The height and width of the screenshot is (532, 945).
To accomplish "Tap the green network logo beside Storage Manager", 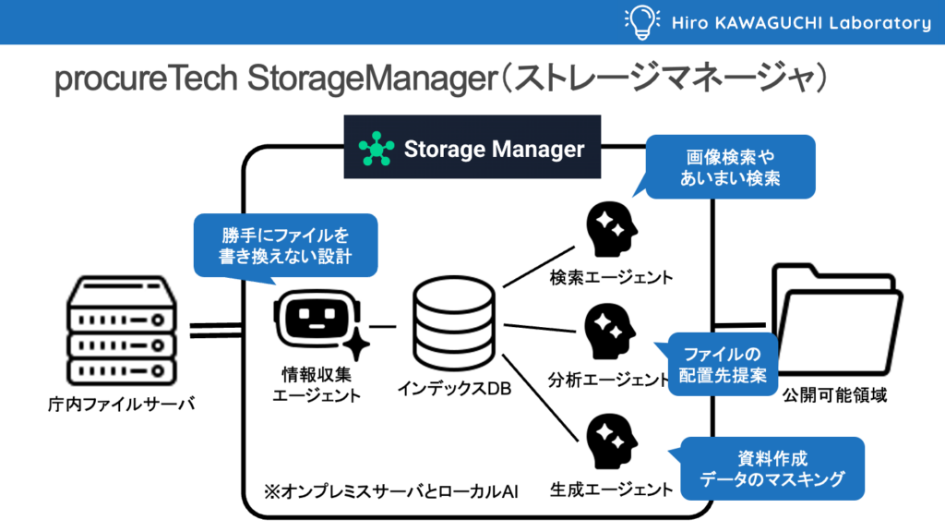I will (376, 149).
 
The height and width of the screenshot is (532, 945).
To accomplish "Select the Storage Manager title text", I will (494, 149).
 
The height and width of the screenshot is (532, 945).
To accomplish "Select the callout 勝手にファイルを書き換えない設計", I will (285, 245).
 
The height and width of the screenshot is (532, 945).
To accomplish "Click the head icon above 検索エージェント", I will (611, 229).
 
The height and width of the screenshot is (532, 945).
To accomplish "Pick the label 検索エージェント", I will (611, 277).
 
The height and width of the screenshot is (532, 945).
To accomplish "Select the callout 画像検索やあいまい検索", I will (730, 167).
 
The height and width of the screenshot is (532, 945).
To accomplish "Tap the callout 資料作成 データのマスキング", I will (772, 468).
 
